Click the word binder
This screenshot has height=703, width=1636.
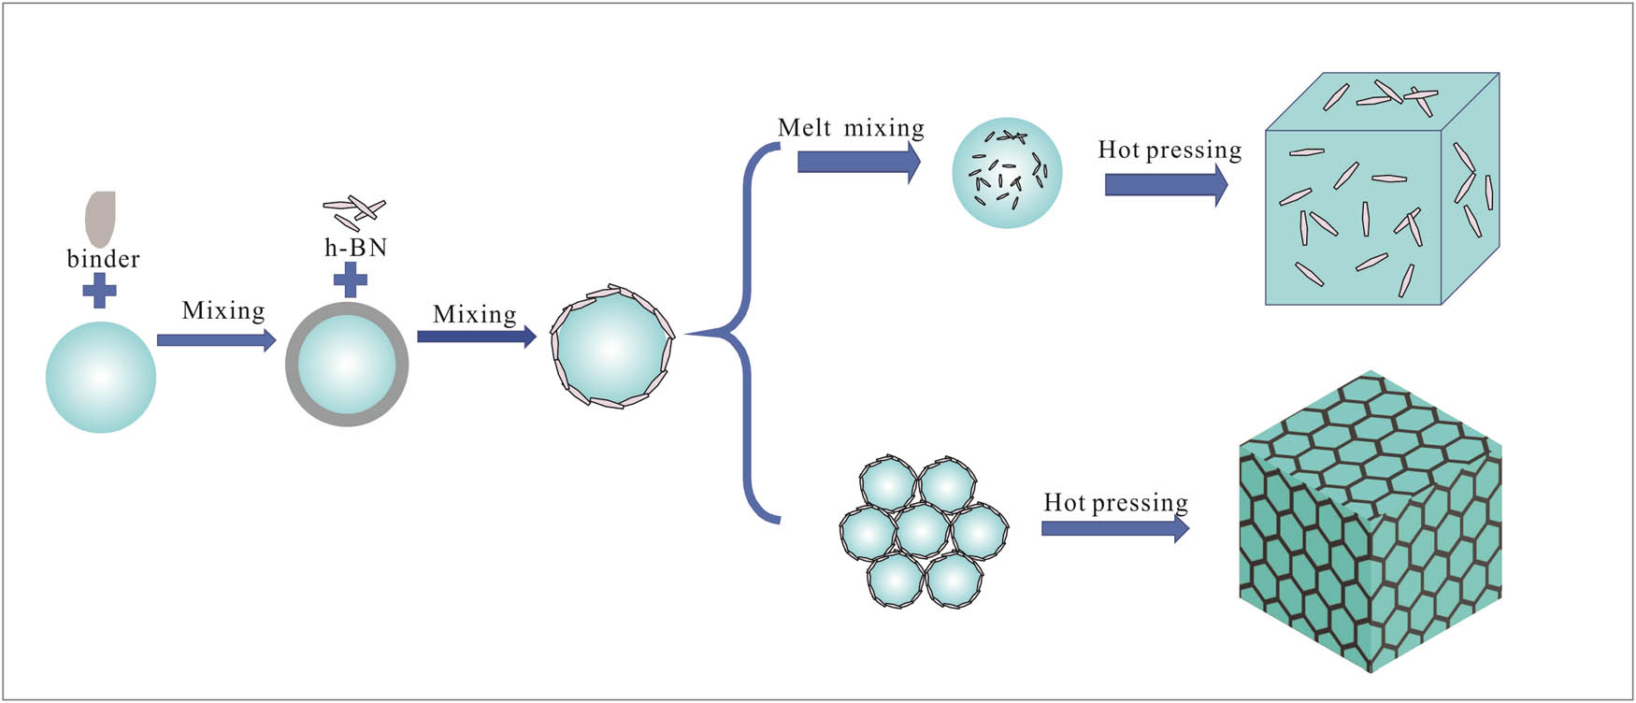pyautogui.click(x=103, y=259)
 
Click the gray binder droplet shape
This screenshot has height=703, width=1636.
pyautogui.click(x=100, y=219)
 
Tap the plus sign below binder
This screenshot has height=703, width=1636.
pyautogui.click(x=99, y=292)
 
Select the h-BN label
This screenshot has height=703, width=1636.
pyautogui.click(x=355, y=248)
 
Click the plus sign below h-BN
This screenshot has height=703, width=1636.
pyautogui.click(x=351, y=280)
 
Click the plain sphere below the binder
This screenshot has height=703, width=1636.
pyautogui.click(x=101, y=377)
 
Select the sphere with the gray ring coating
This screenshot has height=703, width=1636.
pyautogui.click(x=347, y=365)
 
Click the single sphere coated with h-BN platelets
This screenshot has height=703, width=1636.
pyautogui.click(x=612, y=347)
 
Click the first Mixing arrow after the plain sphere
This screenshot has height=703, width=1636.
pyautogui.click(x=216, y=339)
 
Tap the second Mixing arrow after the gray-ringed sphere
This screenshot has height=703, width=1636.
pyautogui.click(x=476, y=336)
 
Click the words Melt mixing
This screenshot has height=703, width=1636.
pyautogui.click(x=851, y=128)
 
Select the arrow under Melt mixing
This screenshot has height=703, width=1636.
pyautogui.click(x=858, y=163)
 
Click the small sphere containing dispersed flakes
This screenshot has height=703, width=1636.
pyautogui.click(x=1007, y=173)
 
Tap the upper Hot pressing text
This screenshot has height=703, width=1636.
pyautogui.click(x=1170, y=150)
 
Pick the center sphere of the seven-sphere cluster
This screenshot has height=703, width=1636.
pyautogui.click(x=923, y=530)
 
